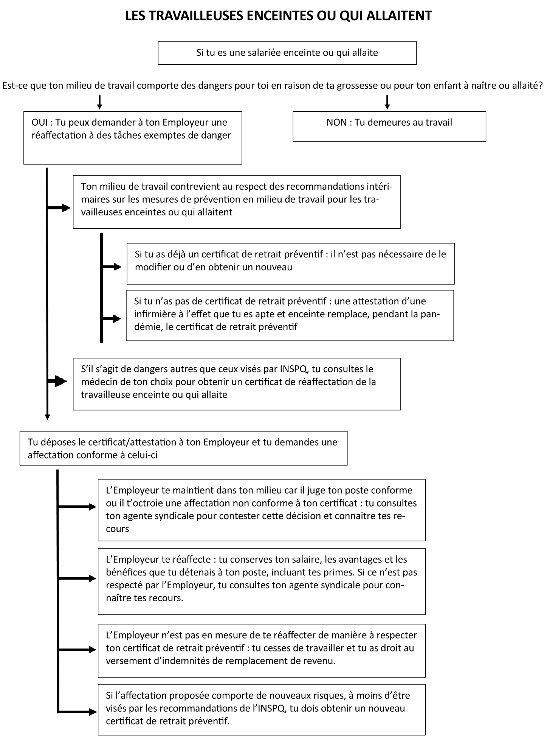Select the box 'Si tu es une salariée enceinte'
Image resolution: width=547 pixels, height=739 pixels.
[287, 53]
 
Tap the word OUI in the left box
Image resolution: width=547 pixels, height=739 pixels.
[40, 122]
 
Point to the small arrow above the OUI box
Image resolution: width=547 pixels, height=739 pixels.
[99, 102]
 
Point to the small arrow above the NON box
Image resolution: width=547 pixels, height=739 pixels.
[387, 102]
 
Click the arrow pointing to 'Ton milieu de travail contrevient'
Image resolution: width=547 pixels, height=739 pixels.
[59, 208]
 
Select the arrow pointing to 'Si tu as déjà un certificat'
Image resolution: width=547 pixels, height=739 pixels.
[112, 267]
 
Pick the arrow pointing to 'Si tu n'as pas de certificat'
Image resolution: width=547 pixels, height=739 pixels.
[112, 319]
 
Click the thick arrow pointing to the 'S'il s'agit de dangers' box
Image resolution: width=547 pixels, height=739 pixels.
[57, 381]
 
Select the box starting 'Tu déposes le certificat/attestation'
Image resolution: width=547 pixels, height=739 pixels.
[183, 448]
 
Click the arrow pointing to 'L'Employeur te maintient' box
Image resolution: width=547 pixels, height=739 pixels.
[77, 507]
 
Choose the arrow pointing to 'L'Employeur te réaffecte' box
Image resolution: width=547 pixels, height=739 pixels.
[77, 578]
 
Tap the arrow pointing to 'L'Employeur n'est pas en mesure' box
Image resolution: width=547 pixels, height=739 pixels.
[77, 650]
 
